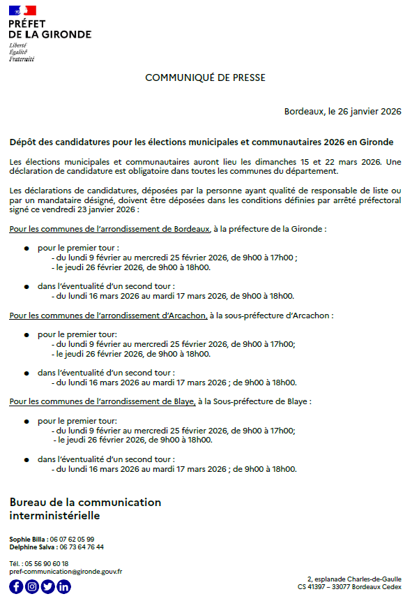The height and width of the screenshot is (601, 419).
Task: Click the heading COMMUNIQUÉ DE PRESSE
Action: click(x=205, y=77)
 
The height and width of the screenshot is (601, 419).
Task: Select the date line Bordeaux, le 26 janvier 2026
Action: click(x=342, y=112)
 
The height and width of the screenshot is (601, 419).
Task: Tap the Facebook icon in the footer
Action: click(x=16, y=587)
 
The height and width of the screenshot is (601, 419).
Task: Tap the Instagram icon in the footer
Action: click(x=32, y=587)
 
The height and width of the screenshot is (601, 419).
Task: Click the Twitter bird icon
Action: click(x=48, y=587)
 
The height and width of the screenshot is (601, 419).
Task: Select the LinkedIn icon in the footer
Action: click(x=64, y=587)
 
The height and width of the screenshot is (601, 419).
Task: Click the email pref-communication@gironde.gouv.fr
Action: click(x=66, y=571)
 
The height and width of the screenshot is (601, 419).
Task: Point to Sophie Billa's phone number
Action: click(x=71, y=540)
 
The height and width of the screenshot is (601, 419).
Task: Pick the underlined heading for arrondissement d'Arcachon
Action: click(x=108, y=315)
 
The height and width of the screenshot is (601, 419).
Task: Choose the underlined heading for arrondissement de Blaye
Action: click(x=102, y=401)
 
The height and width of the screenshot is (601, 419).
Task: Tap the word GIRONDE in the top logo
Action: click(x=66, y=34)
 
